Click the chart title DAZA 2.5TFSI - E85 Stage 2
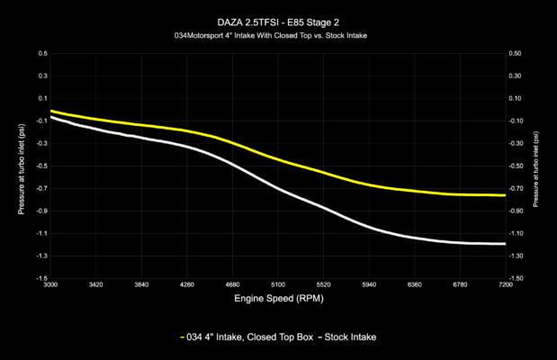[278, 19]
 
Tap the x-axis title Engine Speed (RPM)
[278, 297]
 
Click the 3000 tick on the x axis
[50, 284]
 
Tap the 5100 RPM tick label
[278, 284]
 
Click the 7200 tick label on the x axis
[505, 284]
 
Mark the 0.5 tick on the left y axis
[41, 53]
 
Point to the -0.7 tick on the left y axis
[40, 188]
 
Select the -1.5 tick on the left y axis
[40, 278]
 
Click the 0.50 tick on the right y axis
[516, 53]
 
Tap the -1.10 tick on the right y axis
[517, 233]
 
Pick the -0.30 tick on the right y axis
[517, 143]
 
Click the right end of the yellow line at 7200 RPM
[505, 195]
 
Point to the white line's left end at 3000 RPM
[51, 117]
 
